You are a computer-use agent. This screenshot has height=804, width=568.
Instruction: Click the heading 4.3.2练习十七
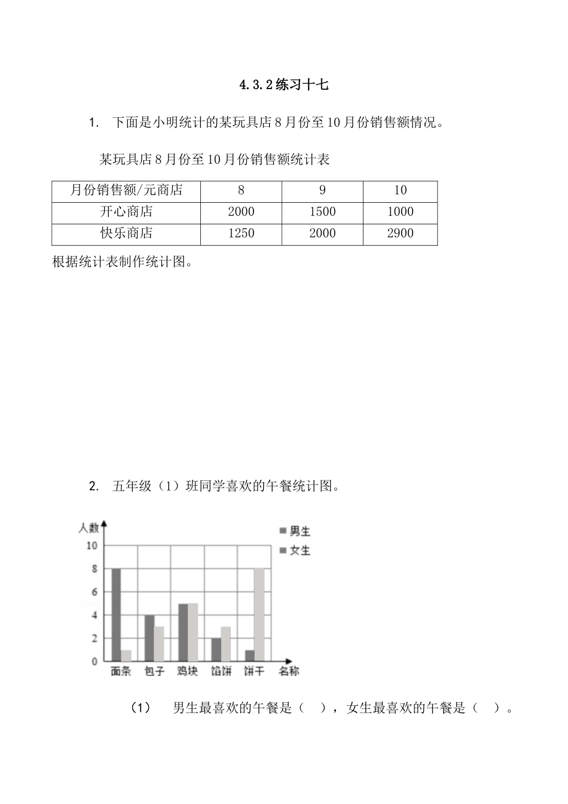click(284, 85)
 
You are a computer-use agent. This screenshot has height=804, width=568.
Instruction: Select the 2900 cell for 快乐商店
click(400, 234)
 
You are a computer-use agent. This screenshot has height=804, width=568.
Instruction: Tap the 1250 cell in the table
click(241, 234)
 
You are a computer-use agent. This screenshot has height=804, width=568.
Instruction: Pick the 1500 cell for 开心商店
click(322, 212)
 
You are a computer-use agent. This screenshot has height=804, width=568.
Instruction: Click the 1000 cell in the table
click(400, 212)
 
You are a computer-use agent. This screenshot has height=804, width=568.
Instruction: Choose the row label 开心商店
click(126, 212)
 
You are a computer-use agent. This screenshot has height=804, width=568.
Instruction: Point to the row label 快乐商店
click(126, 234)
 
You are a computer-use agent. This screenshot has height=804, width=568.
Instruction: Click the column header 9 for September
click(322, 191)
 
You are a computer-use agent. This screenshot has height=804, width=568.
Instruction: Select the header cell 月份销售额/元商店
click(126, 191)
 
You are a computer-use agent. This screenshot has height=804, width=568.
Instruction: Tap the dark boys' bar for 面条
click(116, 615)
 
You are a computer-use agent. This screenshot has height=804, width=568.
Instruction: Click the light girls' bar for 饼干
click(259, 615)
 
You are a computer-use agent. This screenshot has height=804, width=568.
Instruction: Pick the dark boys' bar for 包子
click(149, 638)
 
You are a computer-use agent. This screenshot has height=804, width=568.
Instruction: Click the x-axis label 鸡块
click(187, 672)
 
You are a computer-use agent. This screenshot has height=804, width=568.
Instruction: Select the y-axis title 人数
click(88, 528)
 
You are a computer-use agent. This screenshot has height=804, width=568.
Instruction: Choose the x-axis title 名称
click(289, 672)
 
